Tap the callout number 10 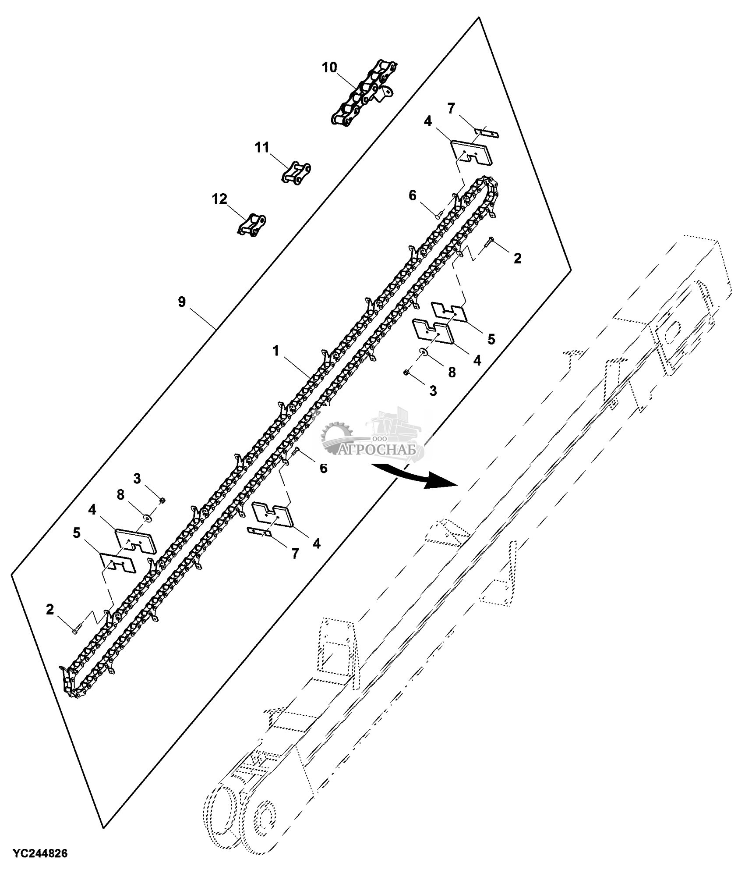[x=329, y=67]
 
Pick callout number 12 [x=220, y=199]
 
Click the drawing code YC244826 [x=40, y=853]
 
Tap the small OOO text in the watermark [x=378, y=439]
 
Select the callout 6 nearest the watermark [x=323, y=468]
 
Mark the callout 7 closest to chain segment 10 [x=452, y=107]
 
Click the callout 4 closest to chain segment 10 [x=428, y=121]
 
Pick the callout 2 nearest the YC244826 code [x=50, y=610]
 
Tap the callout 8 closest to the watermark [x=451, y=372]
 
